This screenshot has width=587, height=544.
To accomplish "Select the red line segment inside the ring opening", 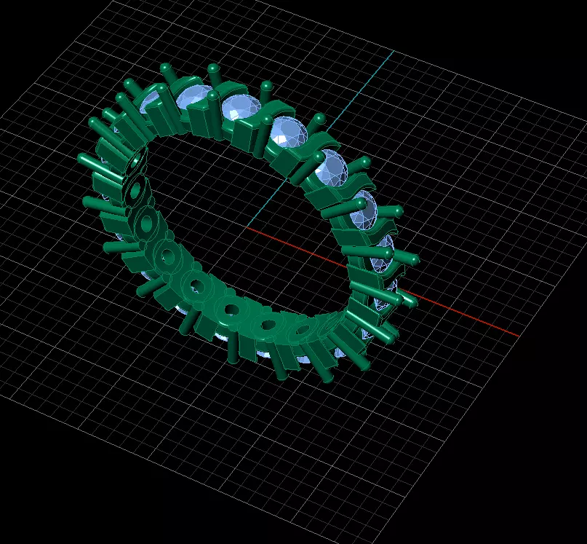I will (x=291, y=245).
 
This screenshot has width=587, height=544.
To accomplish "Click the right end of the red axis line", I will (x=519, y=336).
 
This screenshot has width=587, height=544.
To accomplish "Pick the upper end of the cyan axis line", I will (x=394, y=52).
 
